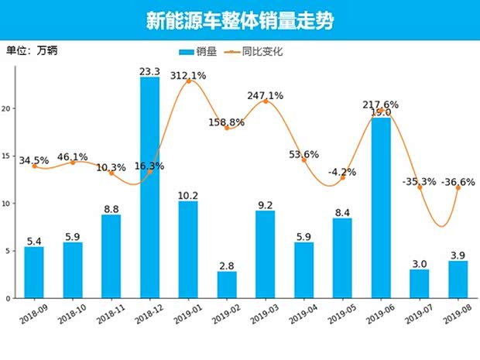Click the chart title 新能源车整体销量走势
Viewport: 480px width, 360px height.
tap(240, 21)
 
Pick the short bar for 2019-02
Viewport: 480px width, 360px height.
tap(227, 284)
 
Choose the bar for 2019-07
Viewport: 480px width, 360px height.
tap(420, 283)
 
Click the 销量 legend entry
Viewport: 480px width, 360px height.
tap(197, 52)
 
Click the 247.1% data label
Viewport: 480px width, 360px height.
tap(266, 96)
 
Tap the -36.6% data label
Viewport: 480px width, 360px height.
tap(458, 182)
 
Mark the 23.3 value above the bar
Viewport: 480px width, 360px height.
tap(150, 71)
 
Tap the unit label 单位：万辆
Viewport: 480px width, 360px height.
tap(32, 51)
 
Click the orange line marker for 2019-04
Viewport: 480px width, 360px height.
tap(304, 159)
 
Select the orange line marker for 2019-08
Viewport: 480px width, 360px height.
tap(458, 187)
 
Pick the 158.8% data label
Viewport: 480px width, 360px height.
tap(227, 122)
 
